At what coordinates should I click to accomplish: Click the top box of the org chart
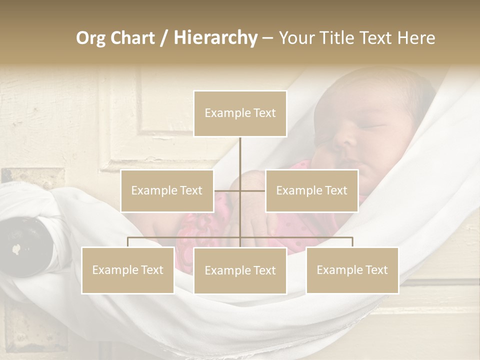[240, 113]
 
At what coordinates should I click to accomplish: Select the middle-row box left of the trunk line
[167, 190]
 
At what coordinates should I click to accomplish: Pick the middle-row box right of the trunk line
[311, 190]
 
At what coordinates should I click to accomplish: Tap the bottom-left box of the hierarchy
[128, 270]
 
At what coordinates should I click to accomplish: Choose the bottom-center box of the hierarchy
[240, 270]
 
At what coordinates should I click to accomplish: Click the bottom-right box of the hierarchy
[352, 270]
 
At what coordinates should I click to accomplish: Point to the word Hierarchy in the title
[215, 38]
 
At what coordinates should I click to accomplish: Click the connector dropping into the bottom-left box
[128, 242]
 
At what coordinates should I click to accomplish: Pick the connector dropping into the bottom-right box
[352, 242]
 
